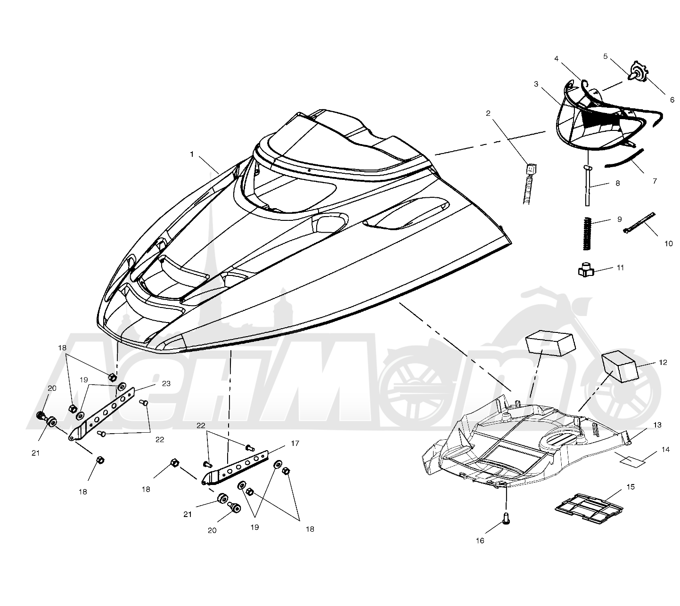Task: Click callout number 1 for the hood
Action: [x=192, y=154]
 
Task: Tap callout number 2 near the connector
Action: [x=488, y=113]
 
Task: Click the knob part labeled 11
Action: [x=586, y=270]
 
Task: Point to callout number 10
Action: [x=669, y=244]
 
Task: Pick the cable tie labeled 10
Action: [x=639, y=223]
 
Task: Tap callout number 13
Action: [x=657, y=425]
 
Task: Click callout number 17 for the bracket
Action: [x=295, y=444]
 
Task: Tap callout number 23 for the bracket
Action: [x=166, y=383]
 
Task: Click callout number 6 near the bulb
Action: [x=672, y=100]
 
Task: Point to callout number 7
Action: [x=655, y=181]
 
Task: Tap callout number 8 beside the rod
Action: [x=618, y=183]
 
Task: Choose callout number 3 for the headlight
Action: [x=536, y=84]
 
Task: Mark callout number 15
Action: [x=631, y=486]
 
